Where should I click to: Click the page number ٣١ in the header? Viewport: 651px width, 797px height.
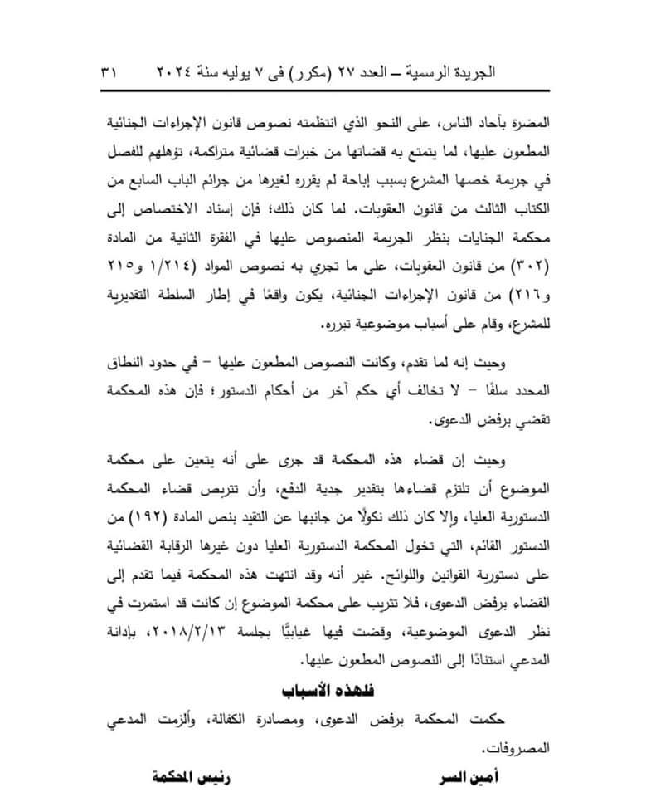(x=109, y=73)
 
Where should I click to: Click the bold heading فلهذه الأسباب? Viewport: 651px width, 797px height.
(x=325, y=691)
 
